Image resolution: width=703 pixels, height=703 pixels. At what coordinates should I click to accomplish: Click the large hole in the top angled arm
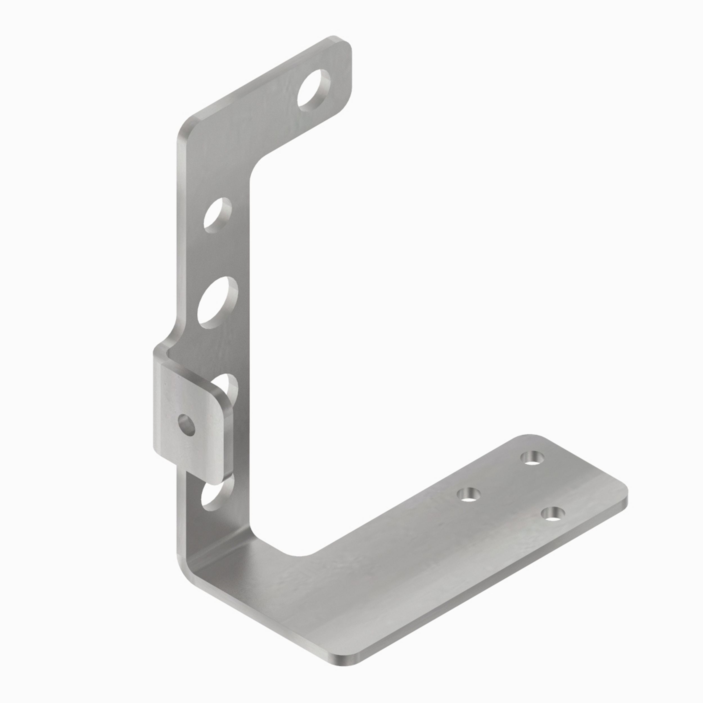tap(314, 90)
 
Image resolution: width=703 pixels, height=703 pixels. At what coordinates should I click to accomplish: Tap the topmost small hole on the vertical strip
tap(218, 215)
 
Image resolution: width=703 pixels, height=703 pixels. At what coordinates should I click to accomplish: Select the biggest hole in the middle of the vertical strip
tap(217, 303)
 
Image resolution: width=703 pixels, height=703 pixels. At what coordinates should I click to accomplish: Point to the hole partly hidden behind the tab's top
tap(228, 386)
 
